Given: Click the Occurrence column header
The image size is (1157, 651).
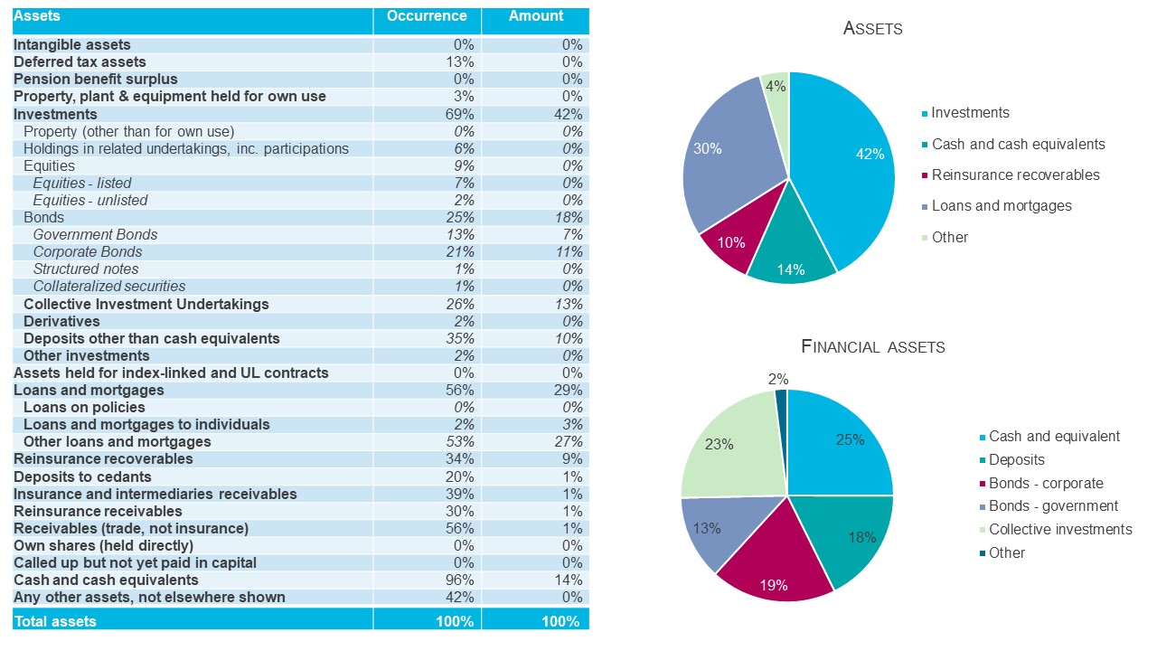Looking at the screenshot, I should coord(427,16).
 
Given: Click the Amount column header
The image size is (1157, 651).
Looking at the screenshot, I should coord(535,16).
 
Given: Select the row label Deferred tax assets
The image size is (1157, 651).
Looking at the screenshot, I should coord(80,62).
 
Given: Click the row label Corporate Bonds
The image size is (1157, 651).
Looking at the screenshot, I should coord(88,251).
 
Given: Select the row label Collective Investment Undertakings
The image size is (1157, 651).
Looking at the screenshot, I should coord(146,304).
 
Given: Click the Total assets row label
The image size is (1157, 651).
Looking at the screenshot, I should coord(55,621).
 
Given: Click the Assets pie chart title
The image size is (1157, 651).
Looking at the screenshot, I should coord(872,28).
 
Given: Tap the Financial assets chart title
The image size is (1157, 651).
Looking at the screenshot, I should coord(872,346).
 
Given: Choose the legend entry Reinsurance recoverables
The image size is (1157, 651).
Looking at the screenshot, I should coord(1015,175).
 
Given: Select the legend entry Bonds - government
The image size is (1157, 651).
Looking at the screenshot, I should coord(1053,506).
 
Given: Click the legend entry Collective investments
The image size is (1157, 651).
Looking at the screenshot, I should coord(1059,530).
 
